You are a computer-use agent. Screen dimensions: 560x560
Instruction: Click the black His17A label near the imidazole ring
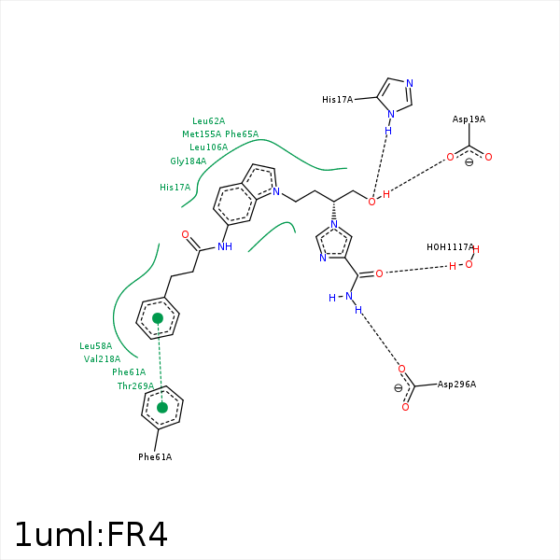coord(337,99)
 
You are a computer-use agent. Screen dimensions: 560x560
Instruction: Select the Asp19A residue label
coord(469,119)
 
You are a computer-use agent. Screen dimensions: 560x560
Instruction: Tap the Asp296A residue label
coord(456,385)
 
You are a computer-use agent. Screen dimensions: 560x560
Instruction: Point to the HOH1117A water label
coord(451,247)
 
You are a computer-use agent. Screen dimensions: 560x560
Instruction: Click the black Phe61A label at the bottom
coord(155,457)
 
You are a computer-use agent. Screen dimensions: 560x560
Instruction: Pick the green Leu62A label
coord(208,121)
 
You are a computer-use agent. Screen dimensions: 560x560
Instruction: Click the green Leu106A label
coord(208,147)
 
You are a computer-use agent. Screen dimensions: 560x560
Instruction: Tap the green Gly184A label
coord(188,161)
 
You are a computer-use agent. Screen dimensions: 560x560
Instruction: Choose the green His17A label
coord(175,188)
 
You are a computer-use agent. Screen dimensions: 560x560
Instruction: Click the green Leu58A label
coord(95,346)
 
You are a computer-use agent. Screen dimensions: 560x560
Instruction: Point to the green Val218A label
coord(102,359)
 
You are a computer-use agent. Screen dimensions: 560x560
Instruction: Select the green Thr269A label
coord(135,385)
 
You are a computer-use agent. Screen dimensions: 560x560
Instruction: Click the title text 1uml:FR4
coord(91,535)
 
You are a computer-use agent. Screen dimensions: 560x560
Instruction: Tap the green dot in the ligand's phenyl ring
coord(158,318)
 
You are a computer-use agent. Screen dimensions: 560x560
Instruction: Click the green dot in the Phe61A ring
coord(162,407)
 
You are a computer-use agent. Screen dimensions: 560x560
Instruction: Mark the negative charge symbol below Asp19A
coord(469,162)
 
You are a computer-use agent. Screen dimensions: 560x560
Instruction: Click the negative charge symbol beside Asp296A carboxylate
coord(399,387)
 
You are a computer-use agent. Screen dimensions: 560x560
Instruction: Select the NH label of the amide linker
coord(224,247)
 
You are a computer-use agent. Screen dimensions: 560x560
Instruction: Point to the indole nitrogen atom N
coord(276,191)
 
